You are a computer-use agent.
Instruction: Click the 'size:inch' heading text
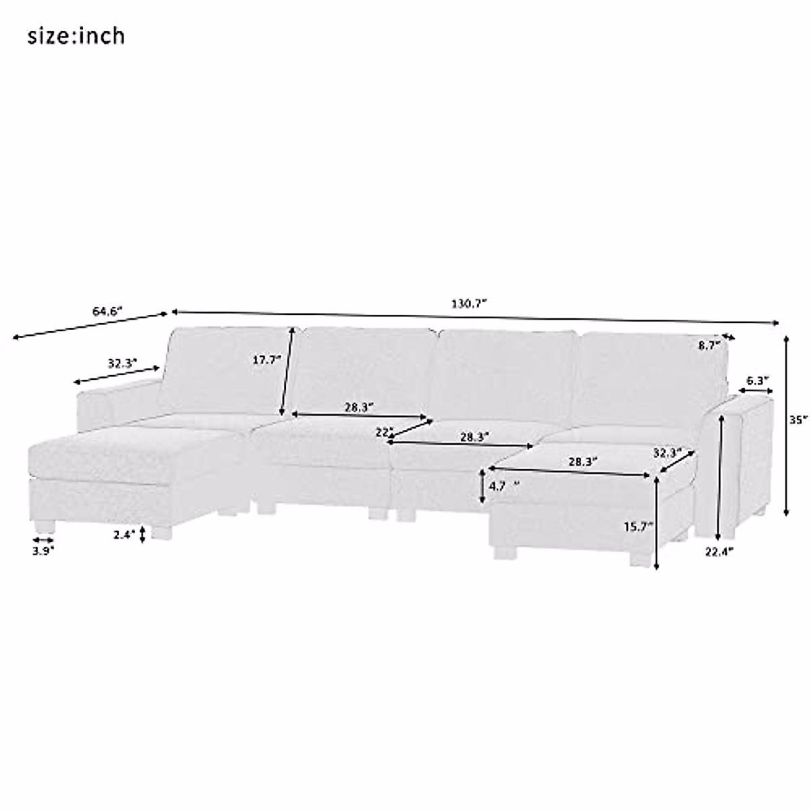76,36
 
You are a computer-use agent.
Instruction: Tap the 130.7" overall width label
469,303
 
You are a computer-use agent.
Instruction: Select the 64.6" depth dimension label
107,312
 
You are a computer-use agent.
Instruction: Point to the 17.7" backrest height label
266,360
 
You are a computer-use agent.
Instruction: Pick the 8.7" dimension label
710,345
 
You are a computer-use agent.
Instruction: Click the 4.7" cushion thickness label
503,486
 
